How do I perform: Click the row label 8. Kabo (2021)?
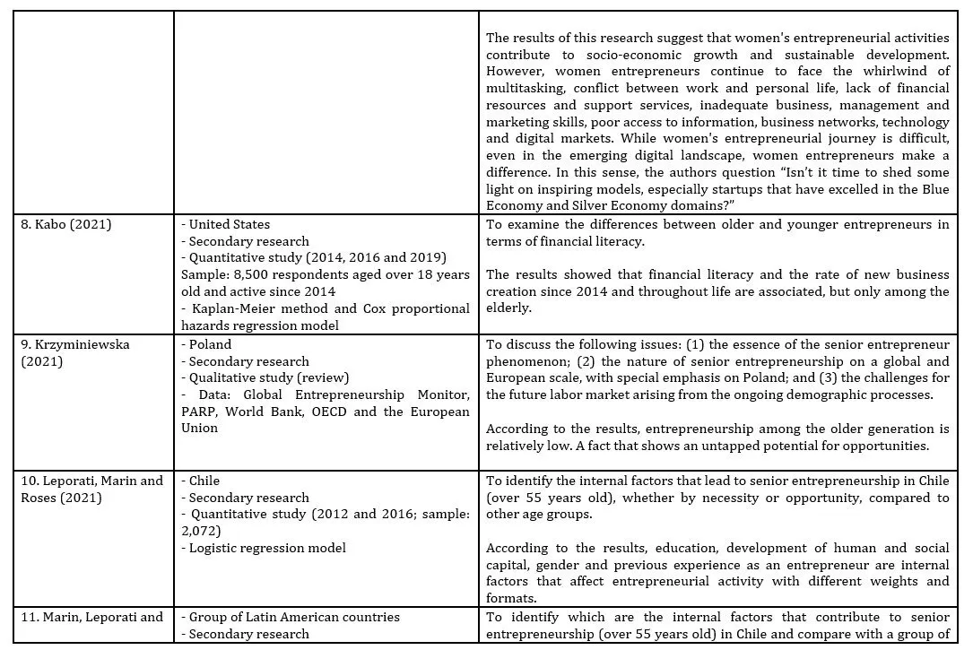[66, 224]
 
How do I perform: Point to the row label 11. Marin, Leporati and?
[91, 617]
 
